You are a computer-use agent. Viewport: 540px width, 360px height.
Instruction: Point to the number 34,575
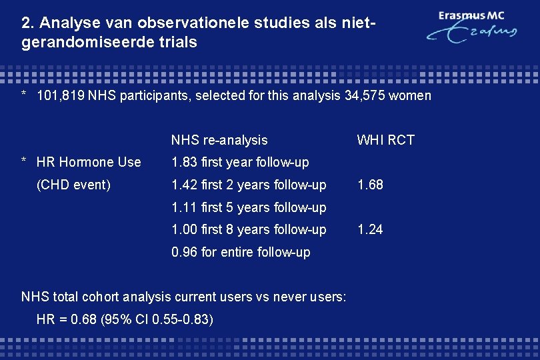[365, 95]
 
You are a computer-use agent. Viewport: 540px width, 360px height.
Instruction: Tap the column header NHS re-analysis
[219, 140]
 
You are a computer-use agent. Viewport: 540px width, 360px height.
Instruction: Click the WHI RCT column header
[385, 140]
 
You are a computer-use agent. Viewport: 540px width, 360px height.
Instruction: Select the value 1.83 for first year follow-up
[185, 162]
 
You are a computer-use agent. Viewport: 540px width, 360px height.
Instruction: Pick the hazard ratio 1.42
[185, 185]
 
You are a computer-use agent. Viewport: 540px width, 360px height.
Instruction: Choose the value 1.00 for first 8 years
[185, 229]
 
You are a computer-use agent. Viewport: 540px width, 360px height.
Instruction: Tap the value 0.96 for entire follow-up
[185, 252]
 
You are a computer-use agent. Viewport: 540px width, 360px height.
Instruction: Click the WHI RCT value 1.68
[370, 185]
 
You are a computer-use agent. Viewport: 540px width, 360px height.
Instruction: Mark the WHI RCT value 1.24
[370, 229]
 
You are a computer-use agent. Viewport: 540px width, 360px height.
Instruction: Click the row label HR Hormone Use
[89, 162]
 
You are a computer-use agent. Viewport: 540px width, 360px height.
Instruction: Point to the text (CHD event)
[73, 185]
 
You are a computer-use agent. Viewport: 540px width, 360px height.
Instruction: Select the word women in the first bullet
[410, 95]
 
